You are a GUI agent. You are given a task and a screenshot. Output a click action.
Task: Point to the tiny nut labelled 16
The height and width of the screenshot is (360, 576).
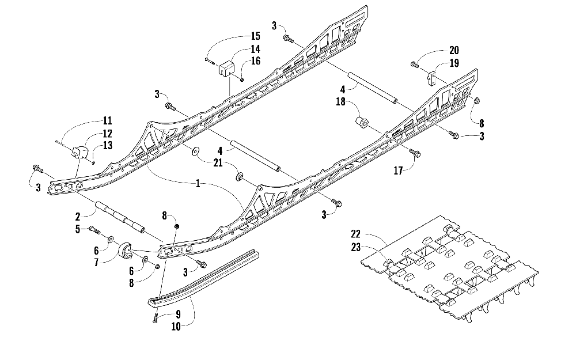(x=242, y=79)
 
